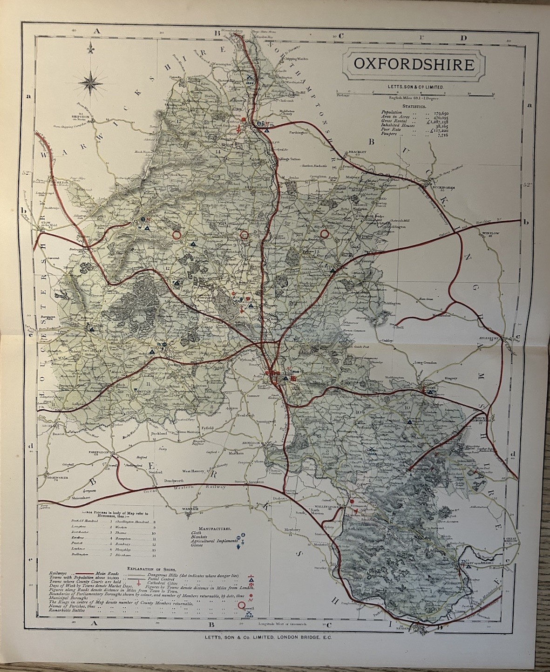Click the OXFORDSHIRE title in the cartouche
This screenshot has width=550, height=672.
tap(414, 64)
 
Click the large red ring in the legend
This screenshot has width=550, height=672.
tap(242, 605)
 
